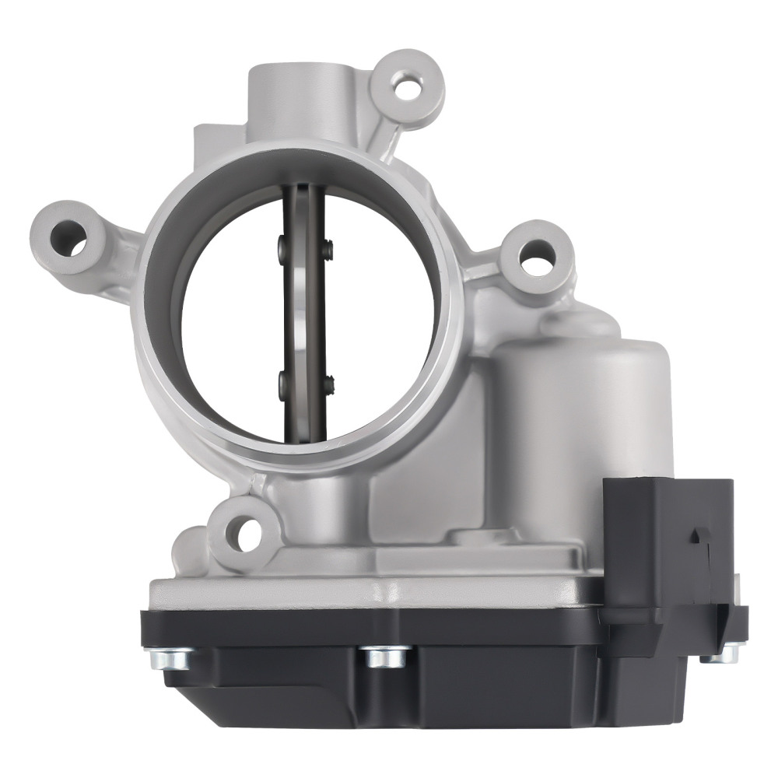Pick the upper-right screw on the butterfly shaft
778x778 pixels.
[x=330, y=249]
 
